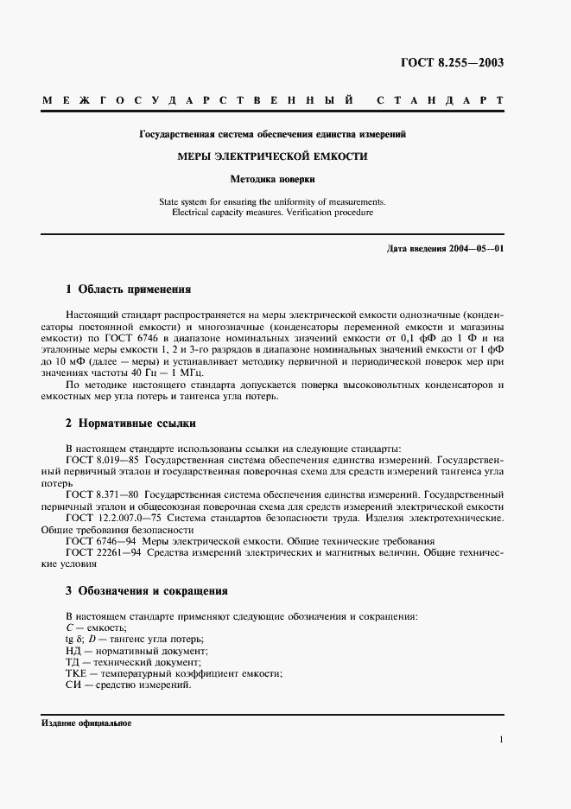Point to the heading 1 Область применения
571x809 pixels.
129,289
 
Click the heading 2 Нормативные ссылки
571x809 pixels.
131,424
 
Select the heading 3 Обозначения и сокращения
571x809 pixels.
147,591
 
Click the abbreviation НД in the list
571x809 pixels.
73,650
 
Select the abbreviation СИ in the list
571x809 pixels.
73,684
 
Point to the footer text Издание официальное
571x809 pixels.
86,723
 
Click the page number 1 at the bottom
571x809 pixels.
502,740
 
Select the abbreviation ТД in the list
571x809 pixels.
73,661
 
